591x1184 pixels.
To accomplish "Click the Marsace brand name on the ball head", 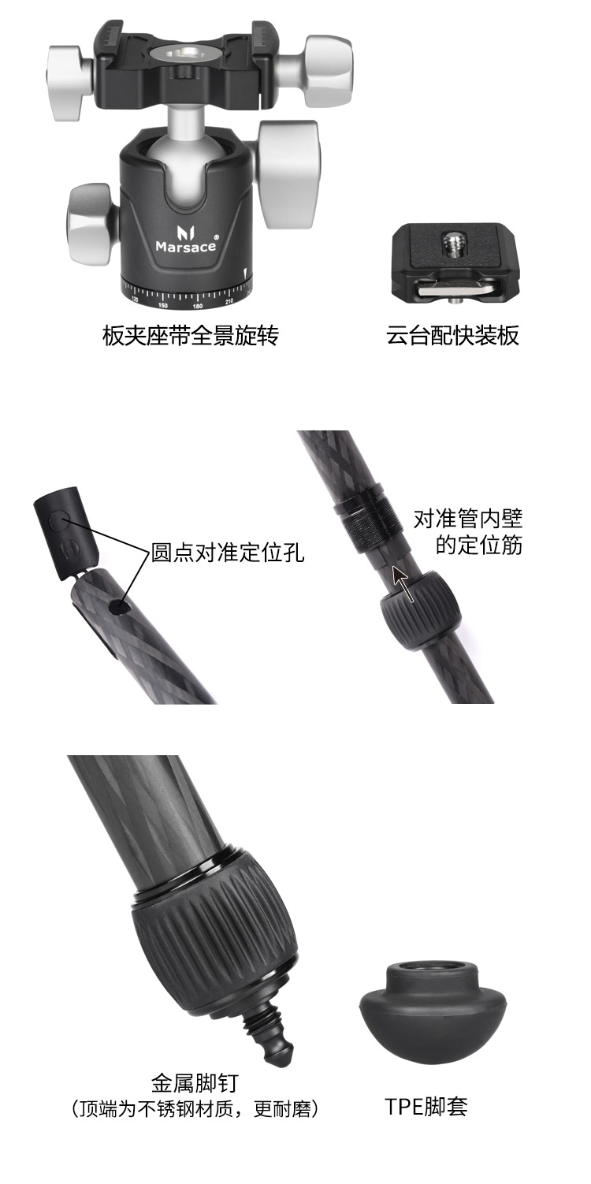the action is point(186,246).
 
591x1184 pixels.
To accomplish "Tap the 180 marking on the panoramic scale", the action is point(198,306).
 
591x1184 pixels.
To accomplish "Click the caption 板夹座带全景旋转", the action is point(190,335).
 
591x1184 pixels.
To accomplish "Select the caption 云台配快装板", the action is point(452,335).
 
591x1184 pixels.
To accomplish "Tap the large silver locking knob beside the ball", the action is point(288,174).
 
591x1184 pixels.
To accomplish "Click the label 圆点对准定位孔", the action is point(228,553).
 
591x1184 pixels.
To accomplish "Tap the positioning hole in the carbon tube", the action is point(121,609).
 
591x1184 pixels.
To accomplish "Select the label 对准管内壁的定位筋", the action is point(468,532).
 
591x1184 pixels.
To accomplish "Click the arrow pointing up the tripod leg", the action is point(403,583).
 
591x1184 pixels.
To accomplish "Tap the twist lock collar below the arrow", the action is point(421,609).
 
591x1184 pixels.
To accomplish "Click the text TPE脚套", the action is point(426,1107).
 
